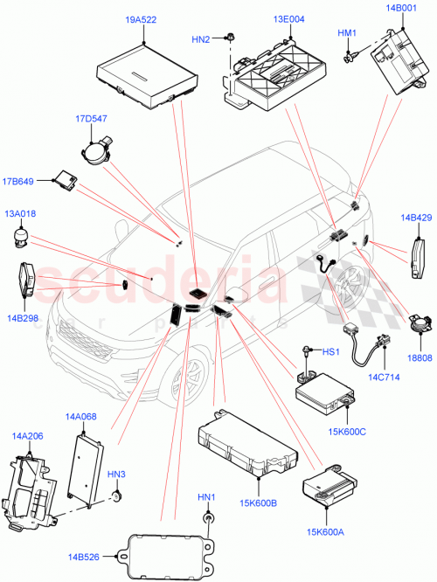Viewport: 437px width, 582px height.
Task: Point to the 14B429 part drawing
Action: (416, 256)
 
